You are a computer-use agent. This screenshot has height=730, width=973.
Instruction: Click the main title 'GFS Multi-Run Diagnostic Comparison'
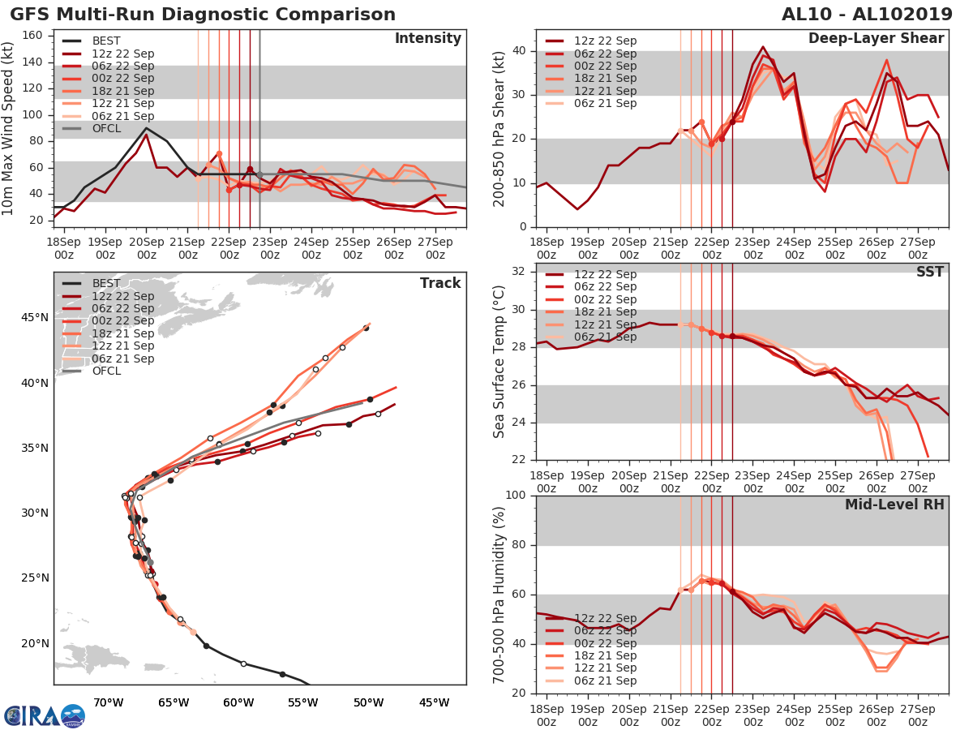coord(203,15)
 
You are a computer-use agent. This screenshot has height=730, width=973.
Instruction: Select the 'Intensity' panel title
coord(427,39)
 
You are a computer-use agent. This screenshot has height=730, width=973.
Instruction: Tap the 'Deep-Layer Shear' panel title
coord(876,39)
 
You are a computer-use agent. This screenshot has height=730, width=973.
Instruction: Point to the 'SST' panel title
coord(929,272)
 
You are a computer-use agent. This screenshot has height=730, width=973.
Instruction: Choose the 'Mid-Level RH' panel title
coord(894,505)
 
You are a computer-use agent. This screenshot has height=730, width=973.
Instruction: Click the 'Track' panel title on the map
coord(440,283)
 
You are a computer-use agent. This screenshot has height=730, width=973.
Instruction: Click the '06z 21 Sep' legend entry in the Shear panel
coord(607,103)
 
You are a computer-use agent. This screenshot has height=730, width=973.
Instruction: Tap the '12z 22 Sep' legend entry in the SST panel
coord(607,274)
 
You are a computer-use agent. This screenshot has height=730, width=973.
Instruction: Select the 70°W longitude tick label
coord(108,702)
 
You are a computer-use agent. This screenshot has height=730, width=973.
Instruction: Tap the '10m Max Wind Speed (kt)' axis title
coord(9,127)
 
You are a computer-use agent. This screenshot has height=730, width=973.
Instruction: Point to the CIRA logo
coord(44,715)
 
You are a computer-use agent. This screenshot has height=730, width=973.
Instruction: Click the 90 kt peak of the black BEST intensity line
coord(146,128)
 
